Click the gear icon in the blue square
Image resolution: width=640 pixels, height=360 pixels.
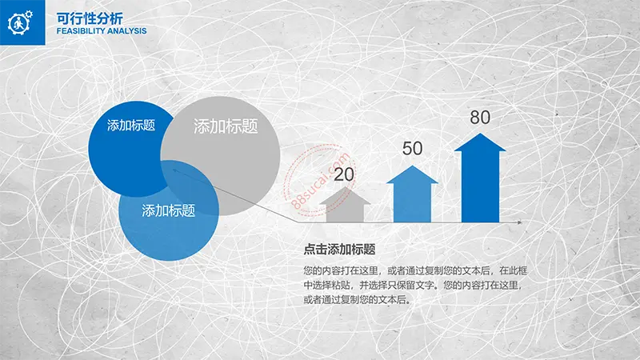click(x=20, y=22)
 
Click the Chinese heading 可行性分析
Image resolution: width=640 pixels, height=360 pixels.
click(x=90, y=18)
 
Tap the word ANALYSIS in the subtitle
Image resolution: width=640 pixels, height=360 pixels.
click(x=126, y=31)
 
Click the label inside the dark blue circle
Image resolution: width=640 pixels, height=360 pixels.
click(x=131, y=126)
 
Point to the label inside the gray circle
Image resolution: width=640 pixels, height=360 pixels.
click(x=226, y=126)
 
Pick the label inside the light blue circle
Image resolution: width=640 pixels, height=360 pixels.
click(x=169, y=210)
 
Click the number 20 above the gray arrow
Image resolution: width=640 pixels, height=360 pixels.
click(x=344, y=174)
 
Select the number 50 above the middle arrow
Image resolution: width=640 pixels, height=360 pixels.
click(x=412, y=148)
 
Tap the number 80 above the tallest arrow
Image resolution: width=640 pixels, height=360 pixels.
click(x=480, y=117)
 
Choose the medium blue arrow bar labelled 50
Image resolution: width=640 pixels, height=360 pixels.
click(x=412, y=194)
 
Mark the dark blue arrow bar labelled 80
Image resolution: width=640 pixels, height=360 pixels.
click(x=480, y=178)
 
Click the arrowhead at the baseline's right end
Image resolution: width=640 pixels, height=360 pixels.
click(x=519, y=222)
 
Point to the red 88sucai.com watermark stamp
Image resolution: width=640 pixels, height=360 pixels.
click(x=321, y=179)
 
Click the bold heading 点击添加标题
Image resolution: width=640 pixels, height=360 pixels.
click(x=339, y=250)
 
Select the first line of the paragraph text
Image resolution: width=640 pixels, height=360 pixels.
click(x=415, y=270)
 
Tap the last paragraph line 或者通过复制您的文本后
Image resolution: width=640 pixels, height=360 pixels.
click(x=357, y=299)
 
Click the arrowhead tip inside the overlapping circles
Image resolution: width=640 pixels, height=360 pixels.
click(x=173, y=170)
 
